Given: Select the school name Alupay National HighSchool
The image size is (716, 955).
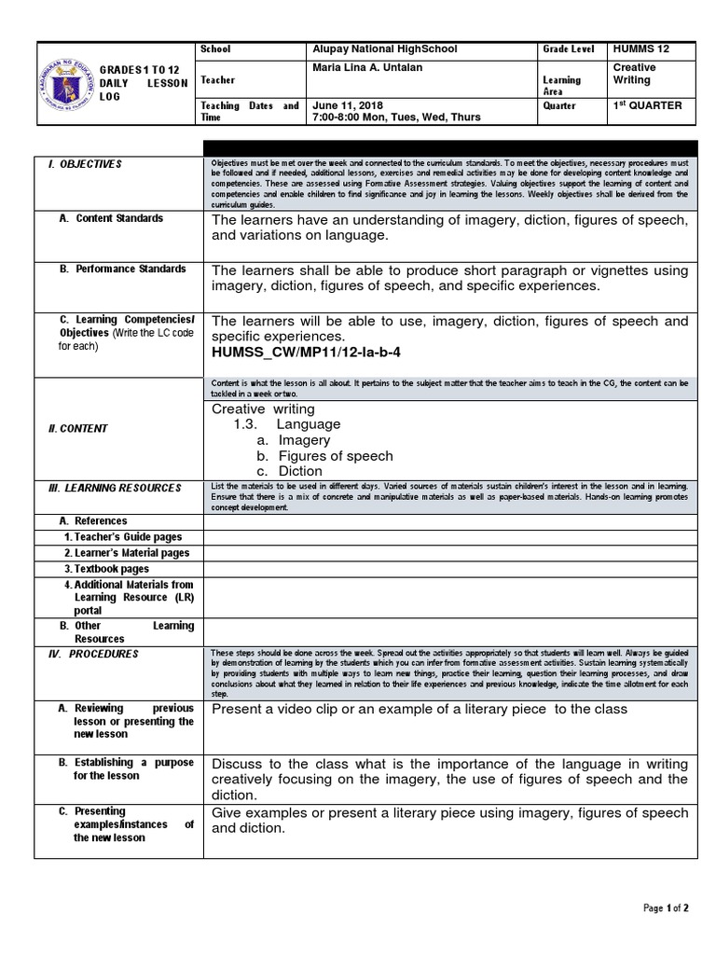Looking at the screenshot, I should [385, 48].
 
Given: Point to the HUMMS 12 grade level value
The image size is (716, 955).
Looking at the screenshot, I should [640, 48].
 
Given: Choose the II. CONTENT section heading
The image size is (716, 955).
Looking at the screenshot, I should [78, 429].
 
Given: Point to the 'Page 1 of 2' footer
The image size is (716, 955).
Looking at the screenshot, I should [666, 908].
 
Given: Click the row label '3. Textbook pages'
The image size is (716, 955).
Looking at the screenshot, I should [106, 569].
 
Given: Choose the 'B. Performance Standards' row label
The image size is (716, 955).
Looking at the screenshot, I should [122, 269].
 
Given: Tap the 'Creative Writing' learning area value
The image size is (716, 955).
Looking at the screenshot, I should [633, 74].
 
